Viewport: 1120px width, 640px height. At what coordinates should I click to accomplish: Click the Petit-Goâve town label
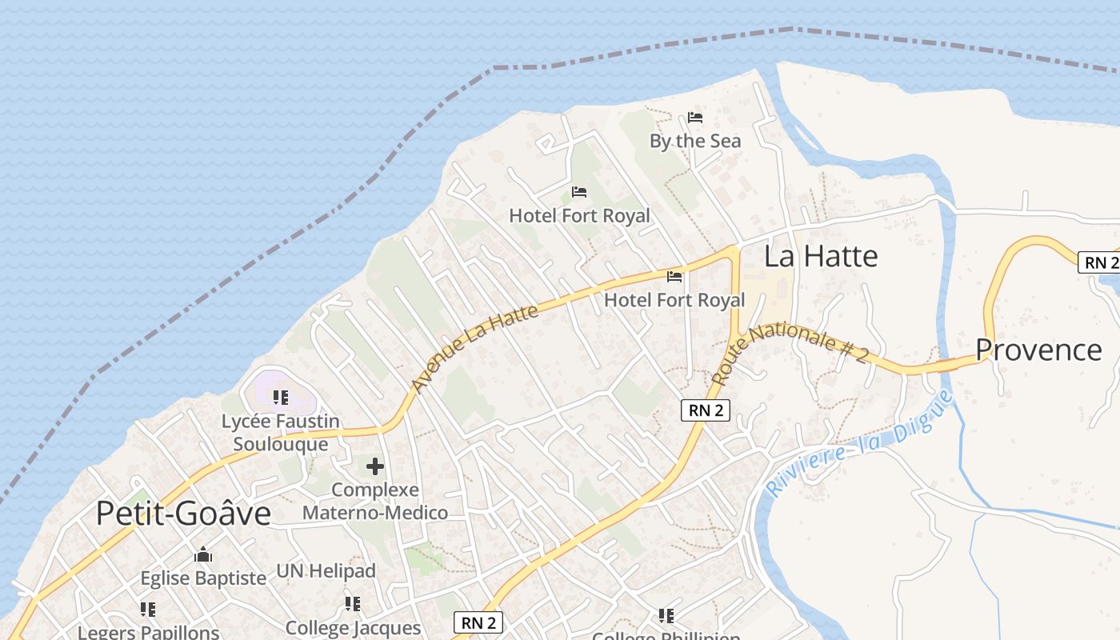click(183, 514)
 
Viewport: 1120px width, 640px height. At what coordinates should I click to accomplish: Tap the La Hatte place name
click(821, 257)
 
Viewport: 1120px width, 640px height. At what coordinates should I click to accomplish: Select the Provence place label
click(1038, 350)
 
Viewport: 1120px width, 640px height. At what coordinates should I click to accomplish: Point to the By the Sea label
click(695, 142)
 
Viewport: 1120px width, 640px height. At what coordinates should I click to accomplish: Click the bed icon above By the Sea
click(695, 118)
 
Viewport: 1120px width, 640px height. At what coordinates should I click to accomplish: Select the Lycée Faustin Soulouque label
click(280, 433)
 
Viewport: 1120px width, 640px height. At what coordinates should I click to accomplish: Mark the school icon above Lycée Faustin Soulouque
click(280, 397)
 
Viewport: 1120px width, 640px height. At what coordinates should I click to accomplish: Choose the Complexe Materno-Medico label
click(375, 501)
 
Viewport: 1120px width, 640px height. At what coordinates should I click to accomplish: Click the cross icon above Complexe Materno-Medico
click(374, 466)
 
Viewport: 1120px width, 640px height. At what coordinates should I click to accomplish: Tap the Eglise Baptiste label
click(203, 578)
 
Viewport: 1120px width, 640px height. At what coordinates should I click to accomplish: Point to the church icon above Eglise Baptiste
click(203, 554)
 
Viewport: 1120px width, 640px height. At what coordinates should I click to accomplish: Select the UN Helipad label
click(326, 571)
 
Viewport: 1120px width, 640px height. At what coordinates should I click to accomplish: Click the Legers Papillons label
click(148, 632)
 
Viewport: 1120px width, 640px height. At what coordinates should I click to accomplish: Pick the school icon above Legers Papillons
click(148, 610)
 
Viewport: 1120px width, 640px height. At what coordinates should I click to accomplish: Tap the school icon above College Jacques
click(353, 604)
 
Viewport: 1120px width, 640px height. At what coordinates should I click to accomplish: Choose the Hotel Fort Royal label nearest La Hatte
click(674, 300)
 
